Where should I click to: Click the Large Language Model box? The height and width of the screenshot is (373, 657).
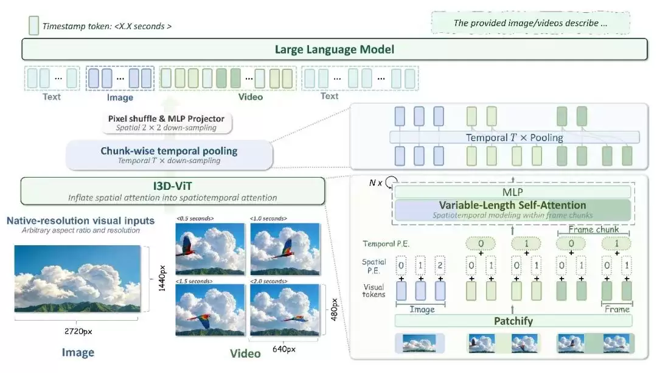[x=335, y=49]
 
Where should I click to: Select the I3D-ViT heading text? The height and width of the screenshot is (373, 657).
[x=172, y=186]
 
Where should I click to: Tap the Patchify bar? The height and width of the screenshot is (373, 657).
[x=513, y=321]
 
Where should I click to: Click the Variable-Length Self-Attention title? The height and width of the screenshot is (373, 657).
[x=512, y=205]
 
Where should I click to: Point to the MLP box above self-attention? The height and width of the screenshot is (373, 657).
[x=512, y=192]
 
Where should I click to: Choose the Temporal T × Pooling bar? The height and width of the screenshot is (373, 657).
[x=515, y=138]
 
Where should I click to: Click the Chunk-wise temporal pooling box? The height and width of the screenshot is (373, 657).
[x=169, y=155]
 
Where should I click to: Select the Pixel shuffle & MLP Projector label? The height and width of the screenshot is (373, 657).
[x=166, y=119]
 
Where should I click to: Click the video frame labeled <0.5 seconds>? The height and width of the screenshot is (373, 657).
[x=210, y=249]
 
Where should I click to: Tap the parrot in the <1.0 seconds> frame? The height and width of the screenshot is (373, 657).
[x=287, y=248]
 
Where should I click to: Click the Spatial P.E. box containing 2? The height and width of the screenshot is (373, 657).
[x=440, y=265]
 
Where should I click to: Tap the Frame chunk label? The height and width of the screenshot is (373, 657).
[x=593, y=229]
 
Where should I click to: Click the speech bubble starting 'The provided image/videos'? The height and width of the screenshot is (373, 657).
[x=530, y=23]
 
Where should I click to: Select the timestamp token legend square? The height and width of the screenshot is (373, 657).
[x=33, y=26]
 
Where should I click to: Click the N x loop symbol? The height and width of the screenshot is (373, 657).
[x=391, y=182]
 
